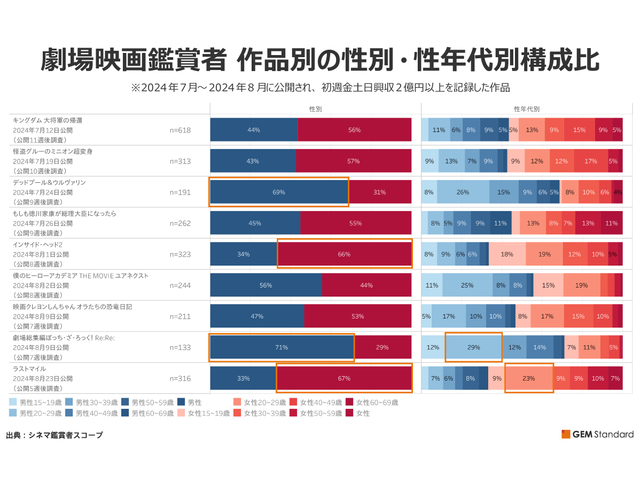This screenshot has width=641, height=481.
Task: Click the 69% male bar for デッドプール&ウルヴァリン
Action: coord(278,192)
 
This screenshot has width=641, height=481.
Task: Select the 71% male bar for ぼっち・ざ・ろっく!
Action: coord(282,347)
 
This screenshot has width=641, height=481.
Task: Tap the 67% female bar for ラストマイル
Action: coord(344,378)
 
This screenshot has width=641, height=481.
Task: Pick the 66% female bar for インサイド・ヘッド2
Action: coord(345,254)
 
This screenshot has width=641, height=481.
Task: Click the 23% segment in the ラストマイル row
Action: coord(529,378)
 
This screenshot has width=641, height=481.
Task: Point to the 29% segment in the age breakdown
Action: coord(473,347)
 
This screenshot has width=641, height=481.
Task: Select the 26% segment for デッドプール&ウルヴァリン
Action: coord(463,192)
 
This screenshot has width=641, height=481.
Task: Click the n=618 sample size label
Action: coord(180,130)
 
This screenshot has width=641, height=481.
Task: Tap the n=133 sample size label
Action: coord(180,347)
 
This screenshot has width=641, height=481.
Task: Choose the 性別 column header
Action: coord(315,108)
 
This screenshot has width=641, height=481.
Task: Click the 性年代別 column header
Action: coord(527,108)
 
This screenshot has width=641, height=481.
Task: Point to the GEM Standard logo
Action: coord(597,434)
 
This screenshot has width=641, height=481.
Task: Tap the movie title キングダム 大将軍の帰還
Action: coord(48,120)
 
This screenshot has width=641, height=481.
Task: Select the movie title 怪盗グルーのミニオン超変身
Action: coord(52,151)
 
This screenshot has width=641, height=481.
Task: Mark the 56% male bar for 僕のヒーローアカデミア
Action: coord(266,285)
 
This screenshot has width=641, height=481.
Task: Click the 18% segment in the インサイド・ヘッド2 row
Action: coord(507,254)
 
